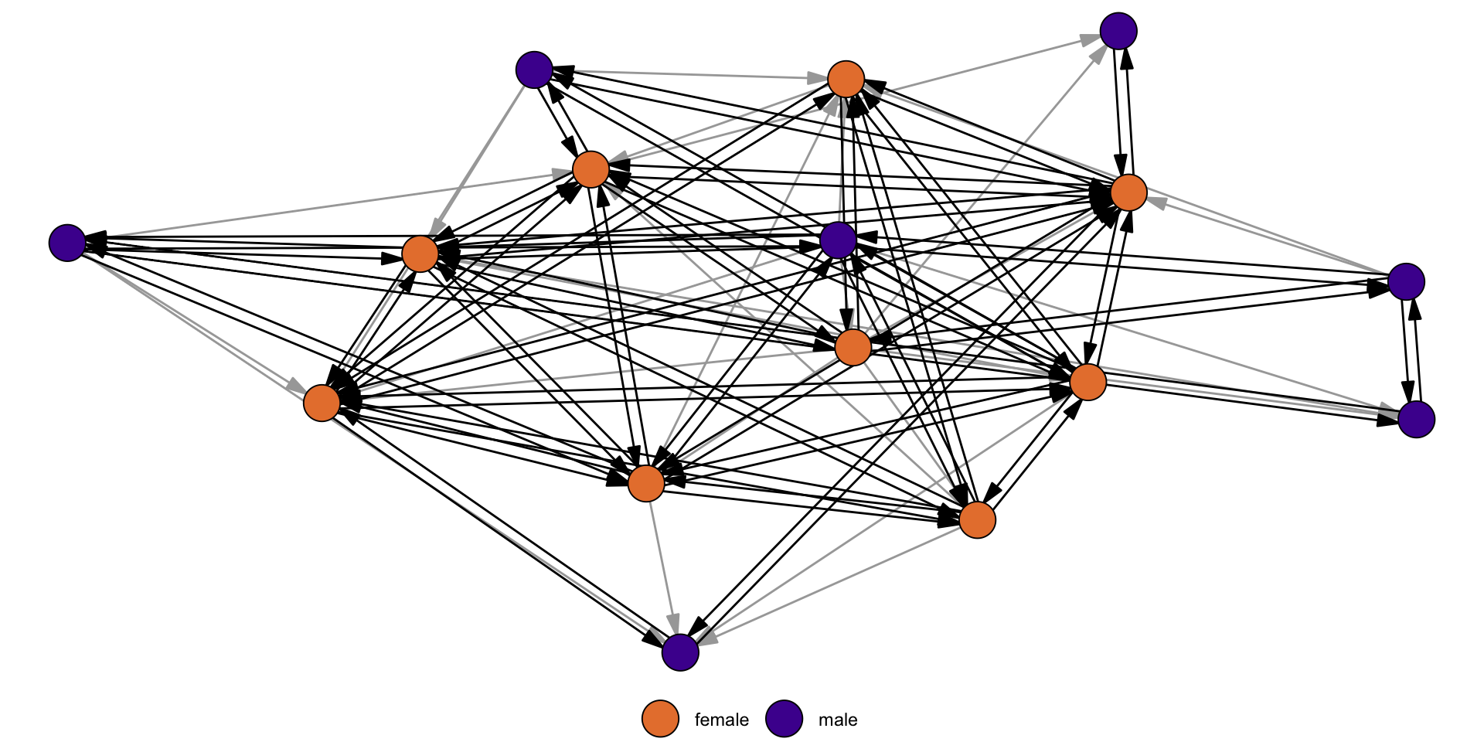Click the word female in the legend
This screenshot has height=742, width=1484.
(x=721, y=720)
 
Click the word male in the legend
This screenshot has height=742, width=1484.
(x=838, y=720)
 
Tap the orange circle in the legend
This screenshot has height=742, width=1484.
(x=660, y=719)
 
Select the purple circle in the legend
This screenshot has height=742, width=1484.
(x=784, y=719)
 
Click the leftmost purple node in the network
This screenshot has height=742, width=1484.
(x=67, y=243)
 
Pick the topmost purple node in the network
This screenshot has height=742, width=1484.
(x=1118, y=31)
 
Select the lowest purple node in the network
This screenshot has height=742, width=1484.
(x=680, y=652)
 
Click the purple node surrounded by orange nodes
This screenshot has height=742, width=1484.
(x=838, y=240)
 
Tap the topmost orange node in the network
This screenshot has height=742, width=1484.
(x=846, y=79)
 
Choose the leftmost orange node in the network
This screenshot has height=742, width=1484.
(x=322, y=403)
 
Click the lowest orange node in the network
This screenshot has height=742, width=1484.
(x=977, y=519)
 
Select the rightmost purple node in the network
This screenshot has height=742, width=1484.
(x=1416, y=419)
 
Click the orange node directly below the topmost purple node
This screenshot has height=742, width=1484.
(x=1128, y=192)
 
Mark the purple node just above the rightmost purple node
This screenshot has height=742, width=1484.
(x=1406, y=281)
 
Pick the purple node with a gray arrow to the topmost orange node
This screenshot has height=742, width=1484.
(x=534, y=70)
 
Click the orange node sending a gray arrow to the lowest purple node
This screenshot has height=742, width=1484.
(x=646, y=484)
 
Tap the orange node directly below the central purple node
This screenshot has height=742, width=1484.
(x=853, y=347)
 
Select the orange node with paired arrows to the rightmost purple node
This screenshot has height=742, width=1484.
(x=1087, y=382)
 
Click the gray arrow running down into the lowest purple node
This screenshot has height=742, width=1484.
(x=663, y=568)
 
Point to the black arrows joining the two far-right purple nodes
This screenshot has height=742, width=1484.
(x=1411, y=350)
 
